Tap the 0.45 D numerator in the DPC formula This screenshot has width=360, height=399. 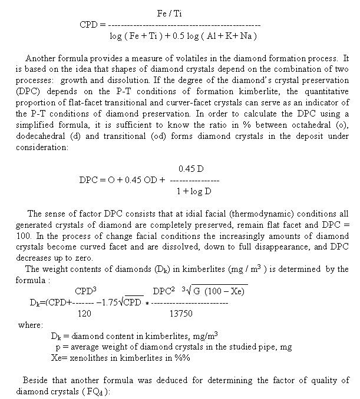(x=191, y=169)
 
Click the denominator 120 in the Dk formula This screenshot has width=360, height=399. (x=84, y=314)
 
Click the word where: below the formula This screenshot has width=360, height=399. (x=30, y=325)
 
